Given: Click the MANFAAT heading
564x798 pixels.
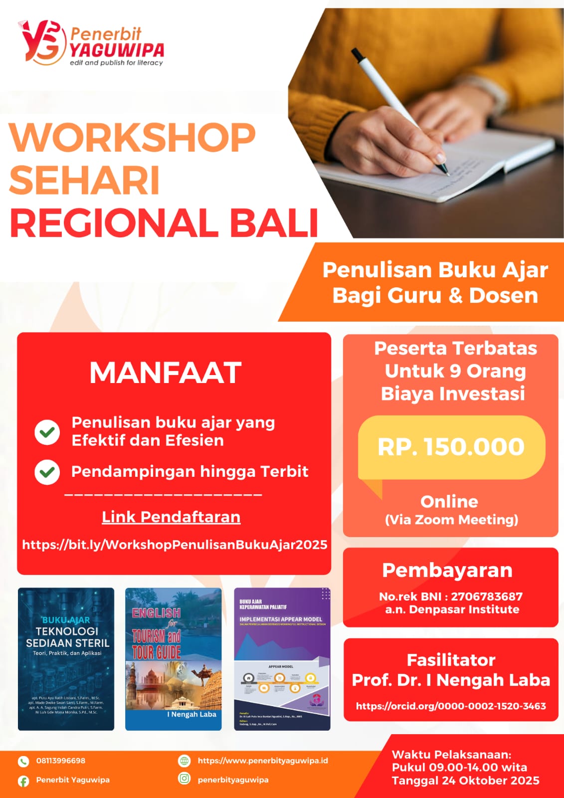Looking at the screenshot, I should pos(166,373).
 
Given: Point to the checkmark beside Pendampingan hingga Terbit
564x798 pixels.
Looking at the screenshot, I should pos(47,472).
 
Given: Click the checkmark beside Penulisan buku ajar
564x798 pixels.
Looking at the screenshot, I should pos(47,432).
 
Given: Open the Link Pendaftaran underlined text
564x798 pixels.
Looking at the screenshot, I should pos(171,517).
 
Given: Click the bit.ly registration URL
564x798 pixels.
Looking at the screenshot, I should pos(175,544).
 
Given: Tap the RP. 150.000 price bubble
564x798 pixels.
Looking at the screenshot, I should pos(451,447).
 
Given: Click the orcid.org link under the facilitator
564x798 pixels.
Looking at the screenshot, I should pos(451,706).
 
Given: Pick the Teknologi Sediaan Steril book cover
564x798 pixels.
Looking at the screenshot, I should pos(66,659).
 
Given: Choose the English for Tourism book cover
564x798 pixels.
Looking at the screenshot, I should pos(173,659).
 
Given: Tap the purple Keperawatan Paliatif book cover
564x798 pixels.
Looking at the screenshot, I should pos(282,659).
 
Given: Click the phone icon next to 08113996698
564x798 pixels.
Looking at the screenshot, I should pos(23,761).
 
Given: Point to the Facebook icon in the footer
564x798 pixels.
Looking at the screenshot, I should pos(23,781).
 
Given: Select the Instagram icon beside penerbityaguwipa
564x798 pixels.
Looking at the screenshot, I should pos(185,779).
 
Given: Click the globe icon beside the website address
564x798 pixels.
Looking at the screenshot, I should pos(185,761).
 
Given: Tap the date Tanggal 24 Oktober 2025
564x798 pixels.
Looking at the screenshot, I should pos(465,781).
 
